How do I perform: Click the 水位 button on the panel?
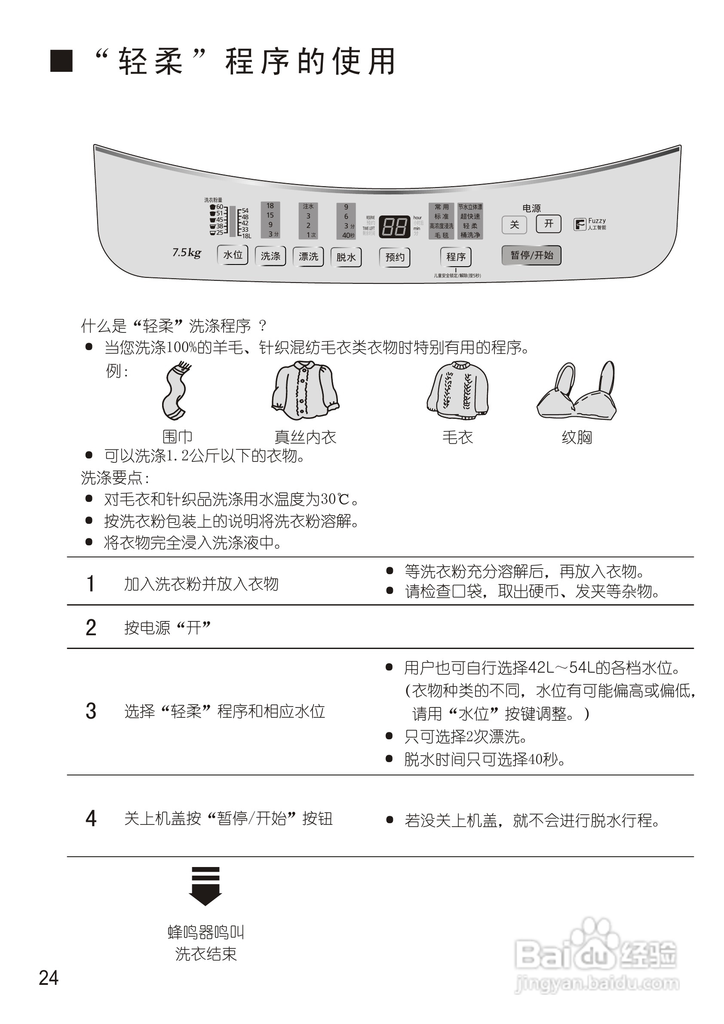tap(232, 255)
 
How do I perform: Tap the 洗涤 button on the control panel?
tap(270, 256)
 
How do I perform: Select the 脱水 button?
tap(346, 257)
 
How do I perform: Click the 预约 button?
tap(395, 257)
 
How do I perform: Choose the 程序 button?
tap(456, 257)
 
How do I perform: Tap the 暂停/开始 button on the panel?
tap(531, 255)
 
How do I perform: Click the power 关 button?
tap(514, 224)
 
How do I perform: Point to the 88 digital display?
tap(395, 227)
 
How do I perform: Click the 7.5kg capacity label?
tap(186, 253)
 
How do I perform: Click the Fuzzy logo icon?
tap(580, 224)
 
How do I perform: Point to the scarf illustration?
tap(176, 391)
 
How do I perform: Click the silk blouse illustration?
tap(305, 391)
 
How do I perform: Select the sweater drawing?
tap(458, 391)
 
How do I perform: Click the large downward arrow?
tap(205, 886)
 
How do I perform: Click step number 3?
tap(91, 711)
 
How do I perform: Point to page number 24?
tap(49, 978)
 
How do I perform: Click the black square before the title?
tap(61, 61)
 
